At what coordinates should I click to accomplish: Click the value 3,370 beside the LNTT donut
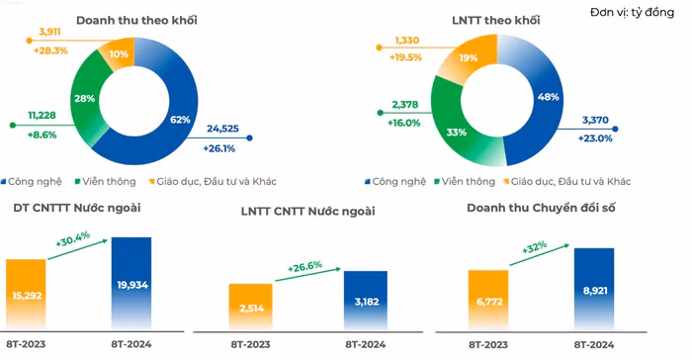596,120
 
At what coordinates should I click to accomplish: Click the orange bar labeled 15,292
27,295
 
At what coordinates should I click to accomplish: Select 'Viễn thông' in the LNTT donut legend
467,181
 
